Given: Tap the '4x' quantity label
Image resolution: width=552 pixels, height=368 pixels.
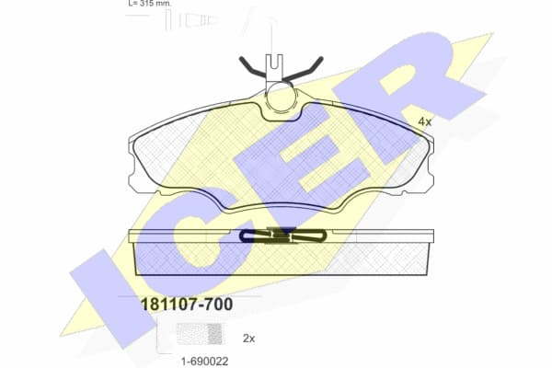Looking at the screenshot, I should (425, 121).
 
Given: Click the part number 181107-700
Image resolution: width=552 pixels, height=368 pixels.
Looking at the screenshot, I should (184, 304).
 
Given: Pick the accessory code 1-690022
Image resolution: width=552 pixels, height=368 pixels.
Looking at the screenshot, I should (203, 360).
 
